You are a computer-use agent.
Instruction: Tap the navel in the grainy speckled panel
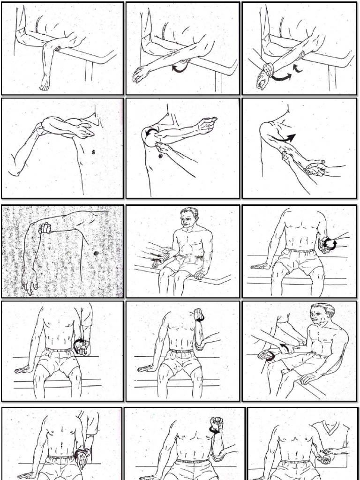pos(96,253)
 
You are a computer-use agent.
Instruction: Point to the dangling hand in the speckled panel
pos(29,281)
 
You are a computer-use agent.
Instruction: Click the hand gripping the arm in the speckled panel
pos(45,228)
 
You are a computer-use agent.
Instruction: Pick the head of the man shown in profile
pos(322,315)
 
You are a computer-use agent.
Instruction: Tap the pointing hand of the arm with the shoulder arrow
pos(207,124)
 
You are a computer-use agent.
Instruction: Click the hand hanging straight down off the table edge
pos(45,83)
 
